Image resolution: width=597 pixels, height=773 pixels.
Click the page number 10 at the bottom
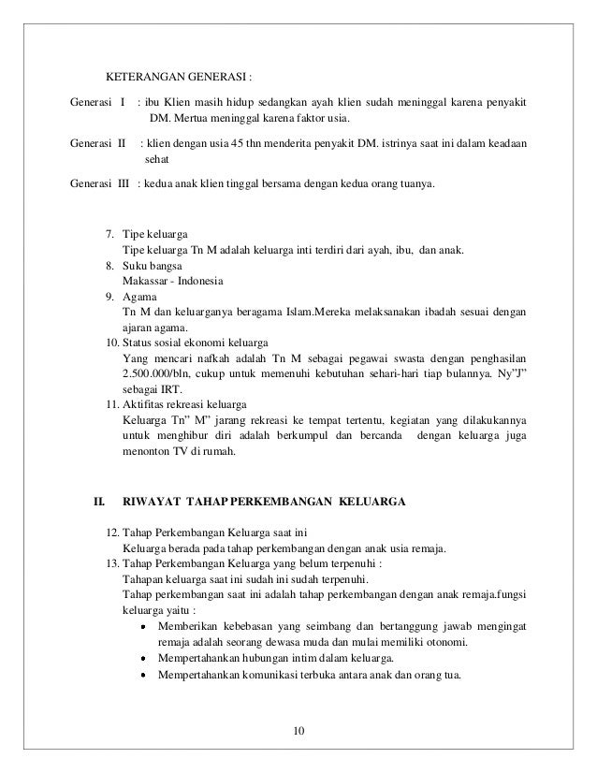(298, 730)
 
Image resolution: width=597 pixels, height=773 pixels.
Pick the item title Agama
(141, 297)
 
